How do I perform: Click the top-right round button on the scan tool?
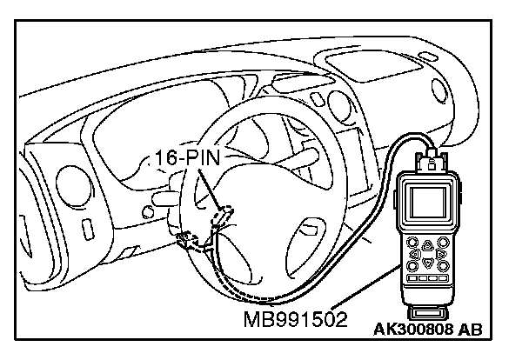coord(443,243)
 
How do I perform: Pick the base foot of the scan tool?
coord(428,311)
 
